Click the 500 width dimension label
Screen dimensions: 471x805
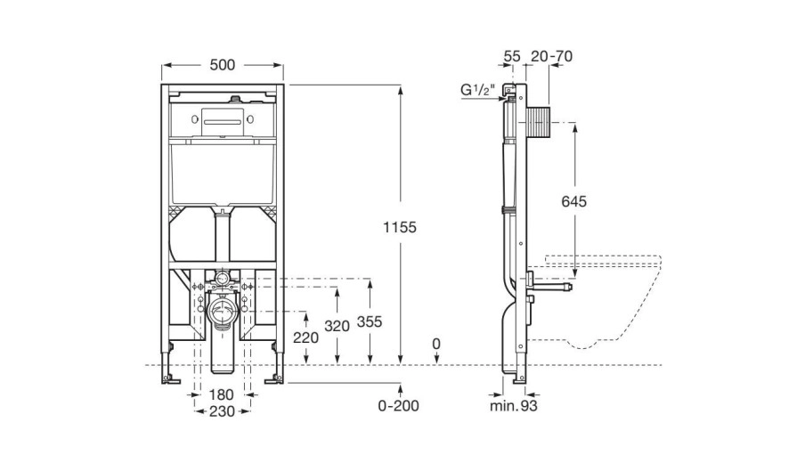point(223,64)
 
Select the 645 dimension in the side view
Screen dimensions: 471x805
point(575,202)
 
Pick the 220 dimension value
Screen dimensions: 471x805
point(305,337)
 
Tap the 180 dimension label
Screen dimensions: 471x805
point(223,394)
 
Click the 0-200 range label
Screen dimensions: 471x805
point(398,407)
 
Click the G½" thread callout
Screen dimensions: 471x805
point(477,90)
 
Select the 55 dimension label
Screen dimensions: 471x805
point(511,57)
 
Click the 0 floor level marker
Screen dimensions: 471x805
point(435,344)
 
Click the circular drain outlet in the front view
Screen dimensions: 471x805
point(223,314)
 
